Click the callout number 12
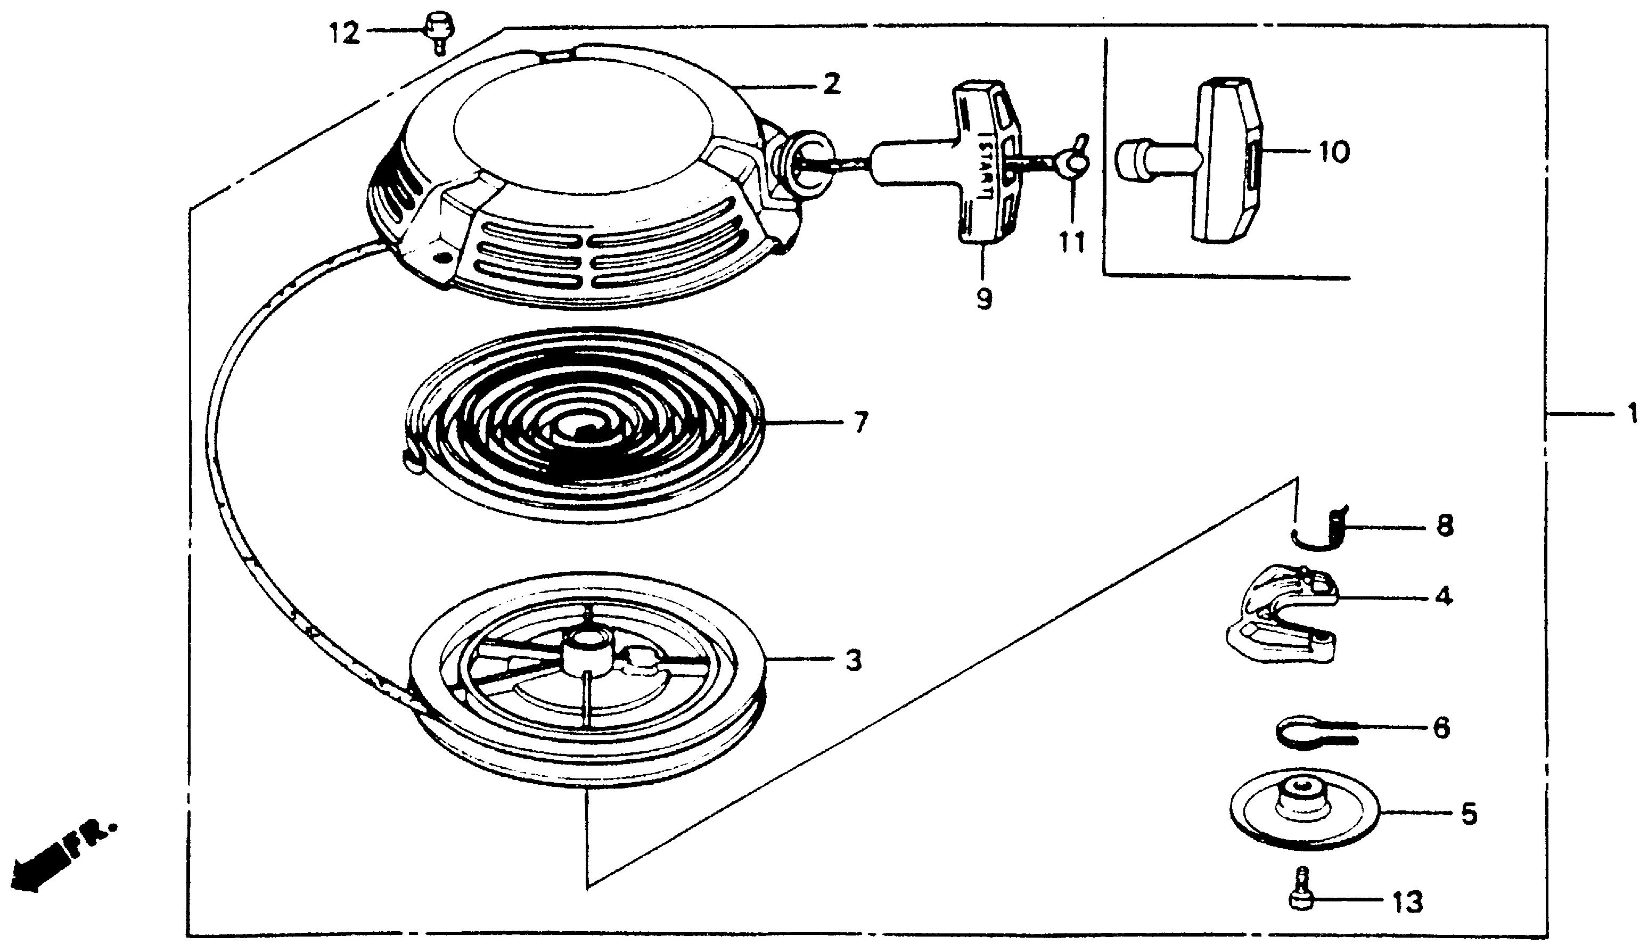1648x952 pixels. pos(344,32)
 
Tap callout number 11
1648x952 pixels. pos(1071,243)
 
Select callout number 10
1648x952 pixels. pos(1333,152)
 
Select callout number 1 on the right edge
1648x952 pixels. pos(1631,413)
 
